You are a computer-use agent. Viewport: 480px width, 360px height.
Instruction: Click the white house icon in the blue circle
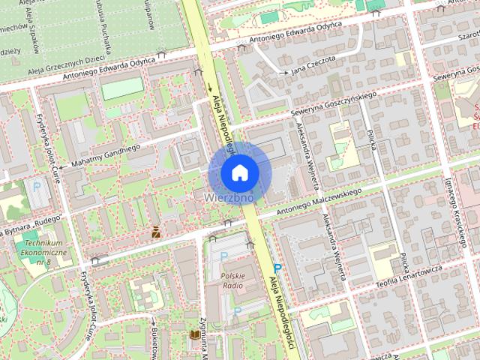[239, 172]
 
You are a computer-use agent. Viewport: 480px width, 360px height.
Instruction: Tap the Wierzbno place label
[233, 197]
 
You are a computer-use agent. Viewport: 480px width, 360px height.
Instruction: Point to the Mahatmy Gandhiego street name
[101, 155]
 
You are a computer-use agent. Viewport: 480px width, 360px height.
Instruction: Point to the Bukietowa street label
[154, 342]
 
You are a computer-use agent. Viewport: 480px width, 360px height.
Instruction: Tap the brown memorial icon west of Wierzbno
[155, 232]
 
